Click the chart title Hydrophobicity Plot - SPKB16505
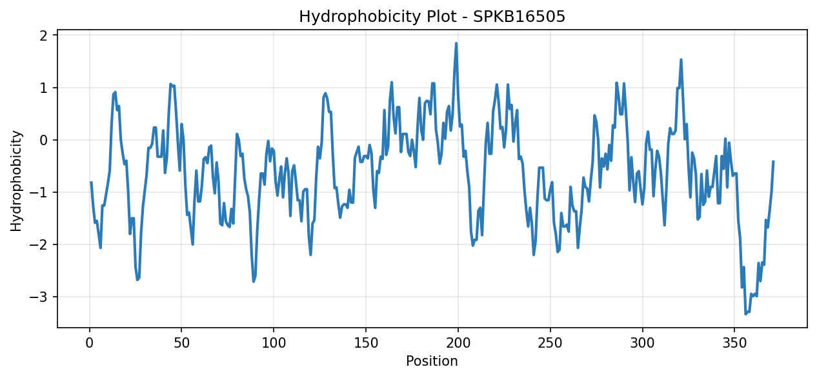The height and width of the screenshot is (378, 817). click(x=432, y=17)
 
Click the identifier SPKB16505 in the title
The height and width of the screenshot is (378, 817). click(x=519, y=17)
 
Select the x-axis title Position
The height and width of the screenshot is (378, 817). click(x=432, y=361)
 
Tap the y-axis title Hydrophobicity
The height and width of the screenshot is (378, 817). click(x=16, y=181)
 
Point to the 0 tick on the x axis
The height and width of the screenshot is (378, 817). click(x=90, y=343)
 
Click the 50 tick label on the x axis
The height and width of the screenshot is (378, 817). click(x=181, y=343)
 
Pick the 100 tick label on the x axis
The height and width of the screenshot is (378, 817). click(x=274, y=343)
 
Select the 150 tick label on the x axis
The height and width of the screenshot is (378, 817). click(x=366, y=343)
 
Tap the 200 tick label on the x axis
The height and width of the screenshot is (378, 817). click(x=458, y=343)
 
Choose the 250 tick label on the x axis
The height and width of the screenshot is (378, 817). click(x=550, y=343)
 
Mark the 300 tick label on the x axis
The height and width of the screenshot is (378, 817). click(x=642, y=343)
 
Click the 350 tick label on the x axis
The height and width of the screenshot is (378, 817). click(x=734, y=343)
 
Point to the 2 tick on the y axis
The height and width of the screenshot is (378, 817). click(x=44, y=35)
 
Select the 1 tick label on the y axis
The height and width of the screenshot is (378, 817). click(x=44, y=88)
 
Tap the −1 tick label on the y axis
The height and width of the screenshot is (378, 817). click(x=39, y=192)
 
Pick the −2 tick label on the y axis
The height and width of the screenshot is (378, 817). click(x=39, y=244)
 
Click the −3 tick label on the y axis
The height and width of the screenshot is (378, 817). click(x=39, y=297)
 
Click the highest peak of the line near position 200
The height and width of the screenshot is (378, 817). click(x=456, y=43)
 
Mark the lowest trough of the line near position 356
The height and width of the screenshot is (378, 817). click(x=745, y=314)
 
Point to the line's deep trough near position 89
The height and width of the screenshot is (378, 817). click(x=254, y=281)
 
